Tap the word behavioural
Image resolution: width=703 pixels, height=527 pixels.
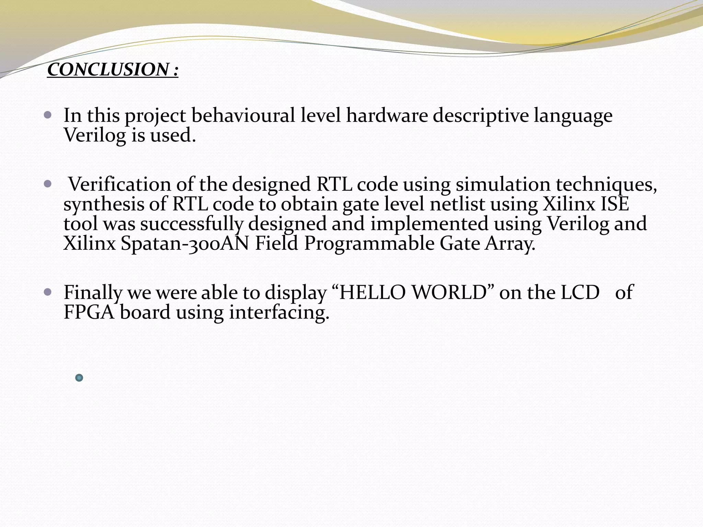pyautogui.click(x=243, y=116)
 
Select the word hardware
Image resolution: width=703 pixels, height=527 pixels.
pyautogui.click(x=387, y=116)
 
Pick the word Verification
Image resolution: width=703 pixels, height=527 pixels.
pyautogui.click(x=120, y=185)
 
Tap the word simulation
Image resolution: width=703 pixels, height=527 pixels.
pyautogui.click(x=503, y=185)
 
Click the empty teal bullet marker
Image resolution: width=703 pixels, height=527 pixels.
pyautogui.click(x=79, y=378)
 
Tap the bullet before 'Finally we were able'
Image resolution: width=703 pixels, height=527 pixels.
pyautogui.click(x=48, y=292)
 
